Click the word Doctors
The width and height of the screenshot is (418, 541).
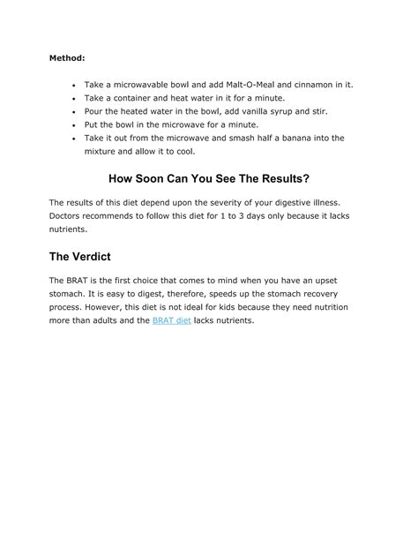(x=69, y=216)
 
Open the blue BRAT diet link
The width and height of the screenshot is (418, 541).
(x=171, y=320)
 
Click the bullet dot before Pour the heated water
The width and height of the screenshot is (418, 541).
(x=74, y=112)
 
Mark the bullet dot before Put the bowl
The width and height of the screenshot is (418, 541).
(x=74, y=125)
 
